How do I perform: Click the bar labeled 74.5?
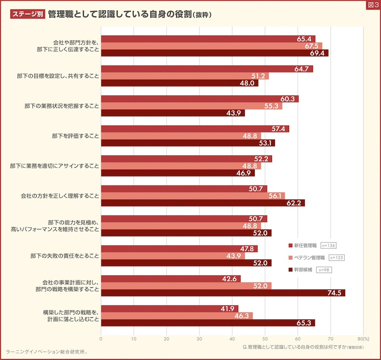(x=223, y=293)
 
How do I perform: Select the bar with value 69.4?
(x=214, y=53)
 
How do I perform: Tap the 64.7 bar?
(x=207, y=69)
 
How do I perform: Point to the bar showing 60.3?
(x=200, y=99)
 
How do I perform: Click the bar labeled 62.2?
(x=203, y=203)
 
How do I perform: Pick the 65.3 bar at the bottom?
(x=208, y=323)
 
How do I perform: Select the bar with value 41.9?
(x=170, y=309)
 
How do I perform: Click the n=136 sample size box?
(x=329, y=245)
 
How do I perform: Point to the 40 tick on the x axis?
(x=232, y=339)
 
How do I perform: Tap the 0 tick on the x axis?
(x=101, y=339)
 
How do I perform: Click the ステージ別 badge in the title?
(x=27, y=14)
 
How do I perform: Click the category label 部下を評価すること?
(x=76, y=136)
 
